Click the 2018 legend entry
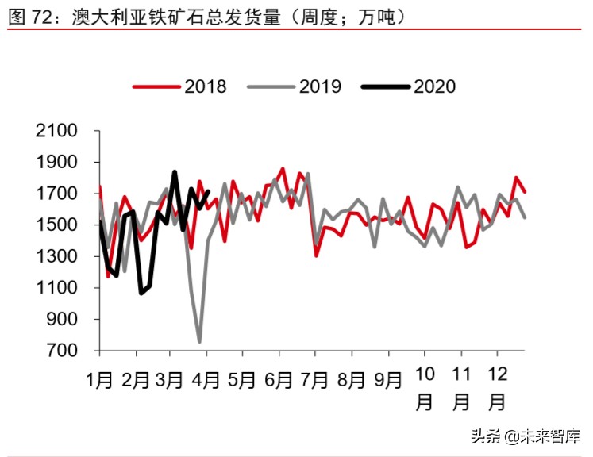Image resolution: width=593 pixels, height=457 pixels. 180,86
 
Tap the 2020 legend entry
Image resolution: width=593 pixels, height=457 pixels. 409,86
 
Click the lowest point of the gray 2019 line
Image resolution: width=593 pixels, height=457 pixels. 199,342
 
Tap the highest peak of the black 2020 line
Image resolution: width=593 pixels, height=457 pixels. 174,172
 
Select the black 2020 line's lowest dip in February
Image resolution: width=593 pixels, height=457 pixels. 141,294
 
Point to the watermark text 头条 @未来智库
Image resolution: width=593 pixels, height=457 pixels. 526,436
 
